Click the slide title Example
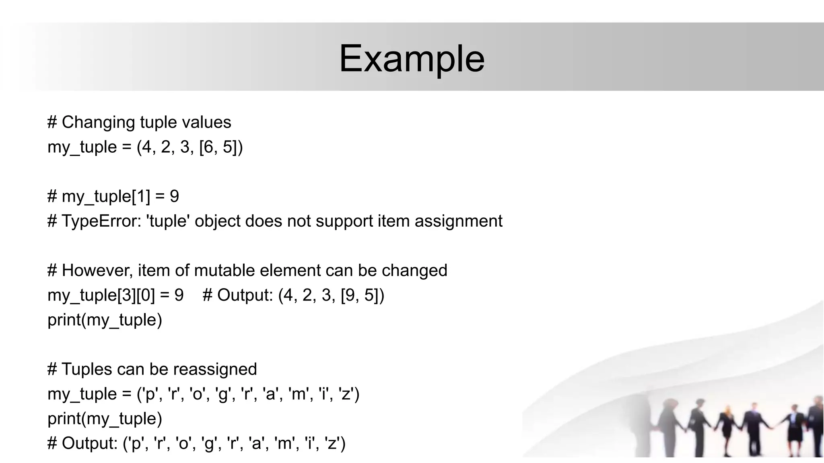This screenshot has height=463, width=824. point(412,59)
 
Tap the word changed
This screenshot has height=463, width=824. point(414,270)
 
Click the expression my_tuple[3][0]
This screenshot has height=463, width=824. point(101,295)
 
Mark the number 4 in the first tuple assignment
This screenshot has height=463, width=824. point(146,147)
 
